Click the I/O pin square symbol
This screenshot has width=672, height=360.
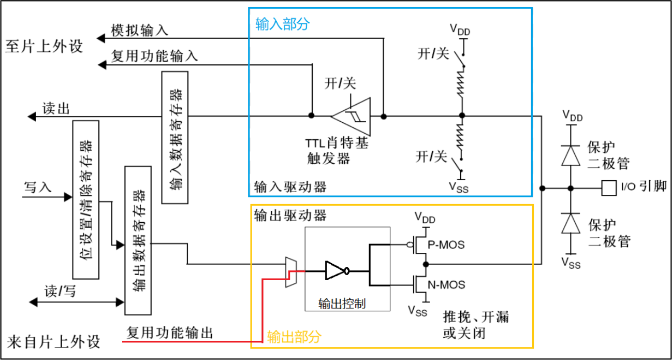point(609,188)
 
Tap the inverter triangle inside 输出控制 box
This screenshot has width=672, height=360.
point(335,271)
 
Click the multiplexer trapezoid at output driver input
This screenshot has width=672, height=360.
point(291,272)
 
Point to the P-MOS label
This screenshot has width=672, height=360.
point(446,245)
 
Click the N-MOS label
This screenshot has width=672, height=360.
point(446,285)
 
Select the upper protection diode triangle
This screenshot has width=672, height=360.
point(571,155)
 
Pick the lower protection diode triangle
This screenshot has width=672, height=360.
point(571,223)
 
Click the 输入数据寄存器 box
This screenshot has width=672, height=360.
point(175,137)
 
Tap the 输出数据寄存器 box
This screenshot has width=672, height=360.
point(138,240)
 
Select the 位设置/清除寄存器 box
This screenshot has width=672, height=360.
point(86,200)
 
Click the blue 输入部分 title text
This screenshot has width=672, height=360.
point(282,24)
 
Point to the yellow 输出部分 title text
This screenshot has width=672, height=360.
point(294,337)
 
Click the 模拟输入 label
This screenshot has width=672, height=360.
point(139,31)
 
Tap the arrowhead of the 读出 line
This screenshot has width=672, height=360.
point(32,117)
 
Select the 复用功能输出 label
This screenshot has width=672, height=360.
point(169,333)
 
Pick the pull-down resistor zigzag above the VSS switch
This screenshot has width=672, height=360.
point(460,137)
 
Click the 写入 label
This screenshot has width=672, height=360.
point(38,187)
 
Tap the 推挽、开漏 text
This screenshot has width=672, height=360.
point(476,317)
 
